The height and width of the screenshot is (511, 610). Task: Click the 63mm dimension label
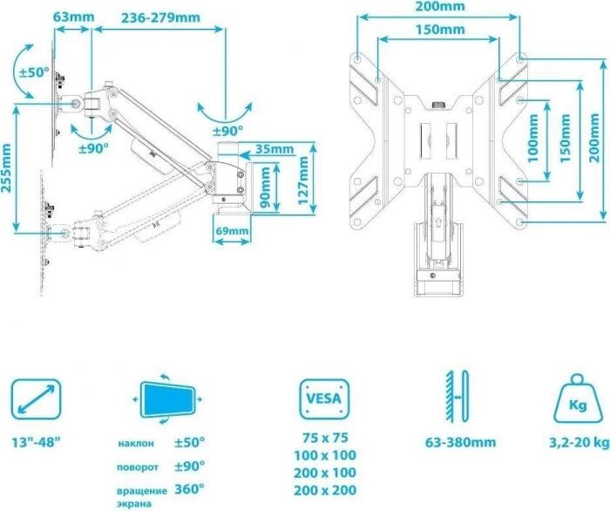click(73, 17)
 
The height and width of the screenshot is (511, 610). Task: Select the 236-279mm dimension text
click(160, 18)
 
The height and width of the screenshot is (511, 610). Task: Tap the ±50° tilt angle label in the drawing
click(34, 72)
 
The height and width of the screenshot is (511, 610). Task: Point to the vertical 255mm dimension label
click(6, 168)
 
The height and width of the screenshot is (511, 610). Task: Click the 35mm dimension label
click(274, 149)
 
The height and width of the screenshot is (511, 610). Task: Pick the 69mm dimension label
click(233, 230)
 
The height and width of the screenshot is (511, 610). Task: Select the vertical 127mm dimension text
click(303, 181)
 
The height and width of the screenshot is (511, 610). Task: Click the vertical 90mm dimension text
click(265, 187)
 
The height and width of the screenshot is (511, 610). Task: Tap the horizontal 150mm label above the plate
click(440, 30)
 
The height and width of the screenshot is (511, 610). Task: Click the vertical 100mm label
click(533, 138)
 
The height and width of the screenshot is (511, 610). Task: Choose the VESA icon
click(324, 399)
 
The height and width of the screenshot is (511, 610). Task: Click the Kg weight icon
click(578, 399)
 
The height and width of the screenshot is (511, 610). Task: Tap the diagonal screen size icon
click(37, 399)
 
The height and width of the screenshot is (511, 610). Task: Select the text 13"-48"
click(37, 442)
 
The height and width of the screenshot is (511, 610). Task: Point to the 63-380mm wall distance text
click(460, 442)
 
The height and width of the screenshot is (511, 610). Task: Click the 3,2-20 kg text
click(579, 442)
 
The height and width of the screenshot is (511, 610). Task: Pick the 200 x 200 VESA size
click(325, 490)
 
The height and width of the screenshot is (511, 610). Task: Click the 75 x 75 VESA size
click(325, 438)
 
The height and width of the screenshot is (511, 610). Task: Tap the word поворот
click(138, 467)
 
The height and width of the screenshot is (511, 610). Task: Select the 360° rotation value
click(189, 489)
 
